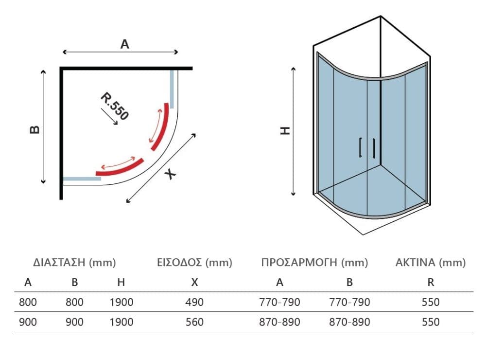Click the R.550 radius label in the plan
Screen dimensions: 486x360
(114, 106)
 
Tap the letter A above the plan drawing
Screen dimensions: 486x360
(124, 44)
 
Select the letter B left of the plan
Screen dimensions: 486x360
(35, 129)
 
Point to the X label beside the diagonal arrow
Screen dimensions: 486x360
(170, 174)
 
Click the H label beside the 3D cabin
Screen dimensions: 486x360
(285, 130)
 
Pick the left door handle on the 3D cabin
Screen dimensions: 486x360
(361, 147)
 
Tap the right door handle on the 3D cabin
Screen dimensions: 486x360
(374, 148)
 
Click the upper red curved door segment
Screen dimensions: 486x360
(162, 126)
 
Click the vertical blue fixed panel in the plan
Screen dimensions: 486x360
(172, 89)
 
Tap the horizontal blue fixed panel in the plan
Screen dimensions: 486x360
(82, 179)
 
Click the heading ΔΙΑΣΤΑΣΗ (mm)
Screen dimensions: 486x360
(74, 263)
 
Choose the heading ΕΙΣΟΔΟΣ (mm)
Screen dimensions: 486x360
(195, 263)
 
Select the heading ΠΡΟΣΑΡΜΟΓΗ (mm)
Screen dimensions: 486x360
(314, 263)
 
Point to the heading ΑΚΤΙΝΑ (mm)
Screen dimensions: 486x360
(431, 263)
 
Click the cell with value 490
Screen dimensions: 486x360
(195, 302)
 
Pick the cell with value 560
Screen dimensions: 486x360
(195, 322)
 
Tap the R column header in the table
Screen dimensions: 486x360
(431, 283)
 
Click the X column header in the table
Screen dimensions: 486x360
(195, 283)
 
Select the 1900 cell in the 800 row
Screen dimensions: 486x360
(121, 302)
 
